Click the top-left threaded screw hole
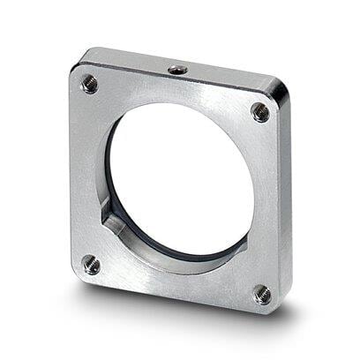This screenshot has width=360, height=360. point(89,84)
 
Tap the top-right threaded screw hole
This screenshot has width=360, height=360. point(260,112)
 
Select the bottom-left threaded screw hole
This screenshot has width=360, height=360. point(91,263)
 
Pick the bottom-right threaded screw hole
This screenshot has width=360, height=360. point(263,295)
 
